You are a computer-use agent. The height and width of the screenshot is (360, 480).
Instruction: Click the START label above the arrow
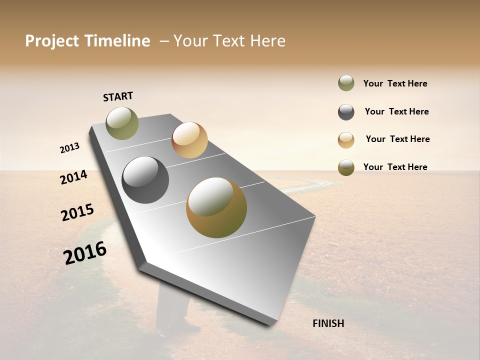(118, 96)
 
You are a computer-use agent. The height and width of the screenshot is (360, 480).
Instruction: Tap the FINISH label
(328, 323)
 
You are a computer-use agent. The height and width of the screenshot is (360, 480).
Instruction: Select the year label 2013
(69, 148)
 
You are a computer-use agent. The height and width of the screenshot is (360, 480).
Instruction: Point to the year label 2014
(73, 177)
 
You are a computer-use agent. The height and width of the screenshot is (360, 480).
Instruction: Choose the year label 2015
(77, 212)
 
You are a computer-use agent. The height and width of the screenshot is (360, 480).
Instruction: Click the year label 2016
(85, 252)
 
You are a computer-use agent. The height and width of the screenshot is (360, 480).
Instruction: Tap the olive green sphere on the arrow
(122, 123)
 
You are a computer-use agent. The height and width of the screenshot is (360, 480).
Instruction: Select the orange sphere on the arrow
(189, 140)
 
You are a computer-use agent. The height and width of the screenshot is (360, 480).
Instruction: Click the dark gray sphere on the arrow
(145, 180)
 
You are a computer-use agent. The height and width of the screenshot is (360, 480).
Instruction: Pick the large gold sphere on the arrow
(216, 207)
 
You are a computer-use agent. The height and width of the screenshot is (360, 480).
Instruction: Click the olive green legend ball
(346, 83)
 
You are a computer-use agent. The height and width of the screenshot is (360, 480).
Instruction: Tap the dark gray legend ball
(346, 112)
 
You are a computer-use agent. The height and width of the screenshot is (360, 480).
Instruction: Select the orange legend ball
(346, 140)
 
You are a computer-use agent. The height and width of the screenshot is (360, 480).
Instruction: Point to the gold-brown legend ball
(346, 167)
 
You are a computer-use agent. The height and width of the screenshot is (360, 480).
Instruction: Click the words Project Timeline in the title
(87, 41)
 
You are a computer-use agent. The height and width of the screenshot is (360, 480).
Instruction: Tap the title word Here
(267, 41)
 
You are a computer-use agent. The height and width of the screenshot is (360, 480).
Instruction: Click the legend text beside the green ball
(395, 83)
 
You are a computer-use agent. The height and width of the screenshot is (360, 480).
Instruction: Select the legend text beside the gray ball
(396, 111)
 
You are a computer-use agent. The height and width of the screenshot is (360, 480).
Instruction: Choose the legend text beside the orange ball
(397, 139)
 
